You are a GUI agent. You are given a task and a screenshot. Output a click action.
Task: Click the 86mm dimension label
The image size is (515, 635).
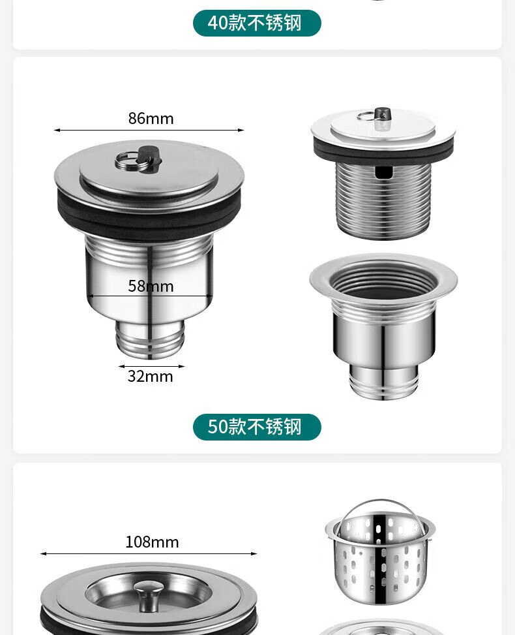pyautogui.click(x=151, y=119)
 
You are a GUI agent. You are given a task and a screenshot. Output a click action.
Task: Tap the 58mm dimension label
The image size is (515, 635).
pyautogui.click(x=151, y=287)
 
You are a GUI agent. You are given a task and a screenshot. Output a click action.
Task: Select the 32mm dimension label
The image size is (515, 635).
pyautogui.click(x=150, y=376)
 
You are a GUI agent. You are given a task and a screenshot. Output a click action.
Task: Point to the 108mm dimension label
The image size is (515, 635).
pyautogui.click(x=152, y=542)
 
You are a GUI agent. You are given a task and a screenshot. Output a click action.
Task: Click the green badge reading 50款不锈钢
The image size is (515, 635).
pyautogui.click(x=257, y=427)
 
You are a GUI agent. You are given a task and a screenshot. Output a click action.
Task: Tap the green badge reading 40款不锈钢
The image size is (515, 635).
pyautogui.click(x=257, y=23)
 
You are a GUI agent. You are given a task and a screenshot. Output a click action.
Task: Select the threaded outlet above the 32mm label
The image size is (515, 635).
pyautogui.click(x=150, y=340)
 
